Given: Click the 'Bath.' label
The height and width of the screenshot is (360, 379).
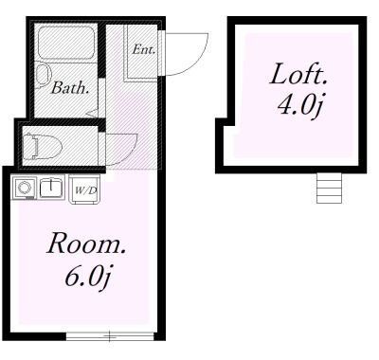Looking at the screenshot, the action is tap(70, 88).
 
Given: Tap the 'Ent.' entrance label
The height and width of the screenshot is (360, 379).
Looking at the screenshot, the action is tap(144, 49).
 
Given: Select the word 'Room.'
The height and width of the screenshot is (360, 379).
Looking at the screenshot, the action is tap(86, 243).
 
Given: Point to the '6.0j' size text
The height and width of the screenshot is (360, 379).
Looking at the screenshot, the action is tap(87, 277).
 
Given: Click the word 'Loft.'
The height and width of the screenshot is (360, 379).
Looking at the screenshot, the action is tap(298, 74).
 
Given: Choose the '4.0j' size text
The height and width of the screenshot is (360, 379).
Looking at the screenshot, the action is tap(299, 105).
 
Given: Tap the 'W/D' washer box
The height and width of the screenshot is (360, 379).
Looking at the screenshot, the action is tap(84, 189).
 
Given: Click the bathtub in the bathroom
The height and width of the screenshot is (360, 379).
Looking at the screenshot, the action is tap(66, 43).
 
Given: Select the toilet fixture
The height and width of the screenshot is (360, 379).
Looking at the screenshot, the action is tap(43, 146).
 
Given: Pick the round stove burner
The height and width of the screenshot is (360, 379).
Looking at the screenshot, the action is tap(24, 188).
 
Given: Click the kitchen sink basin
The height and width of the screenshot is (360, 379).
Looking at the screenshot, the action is tap(51, 188).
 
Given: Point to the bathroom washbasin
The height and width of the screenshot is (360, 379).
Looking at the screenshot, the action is tap(43, 76).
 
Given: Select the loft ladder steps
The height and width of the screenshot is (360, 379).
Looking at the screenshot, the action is tap(330, 188).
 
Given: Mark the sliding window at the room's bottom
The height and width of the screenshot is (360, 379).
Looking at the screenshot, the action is tap(110, 336).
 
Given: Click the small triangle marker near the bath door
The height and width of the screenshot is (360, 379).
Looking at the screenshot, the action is tap(93, 113).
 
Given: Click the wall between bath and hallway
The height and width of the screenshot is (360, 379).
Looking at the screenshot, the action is tap(101, 50).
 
